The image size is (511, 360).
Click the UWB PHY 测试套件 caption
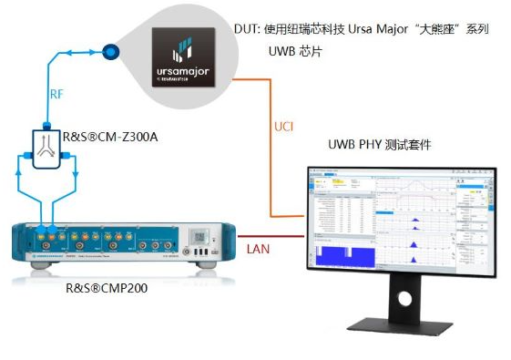tap(379, 145)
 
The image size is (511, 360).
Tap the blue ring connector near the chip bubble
tap(113, 51)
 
